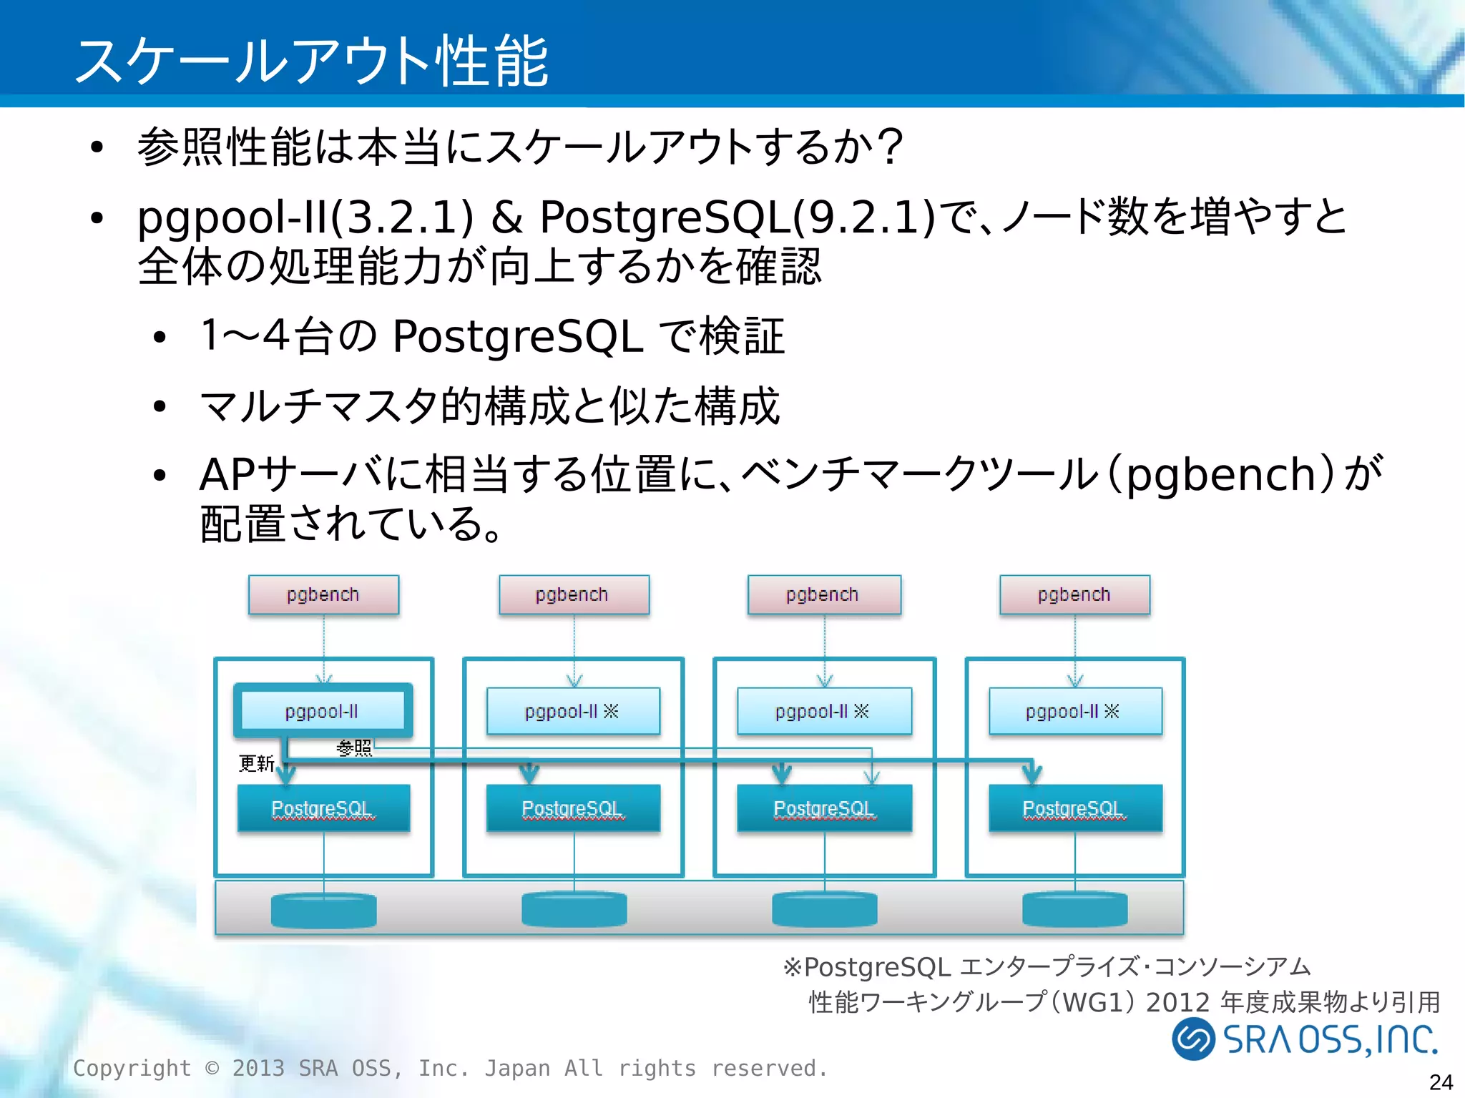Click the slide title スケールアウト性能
point(311,61)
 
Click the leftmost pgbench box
point(323,594)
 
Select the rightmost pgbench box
point(1074,594)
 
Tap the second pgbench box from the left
point(574,594)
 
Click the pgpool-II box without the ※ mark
point(323,711)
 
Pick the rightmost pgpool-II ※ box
point(1074,711)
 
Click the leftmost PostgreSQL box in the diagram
point(323,808)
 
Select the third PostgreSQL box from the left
point(824,808)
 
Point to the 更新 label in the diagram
point(256,763)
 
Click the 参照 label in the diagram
point(354,747)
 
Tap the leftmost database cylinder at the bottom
point(323,910)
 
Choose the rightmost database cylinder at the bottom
point(1074,910)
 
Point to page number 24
point(1441,1082)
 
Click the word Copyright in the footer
point(132,1068)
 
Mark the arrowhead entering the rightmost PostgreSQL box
point(1031,774)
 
